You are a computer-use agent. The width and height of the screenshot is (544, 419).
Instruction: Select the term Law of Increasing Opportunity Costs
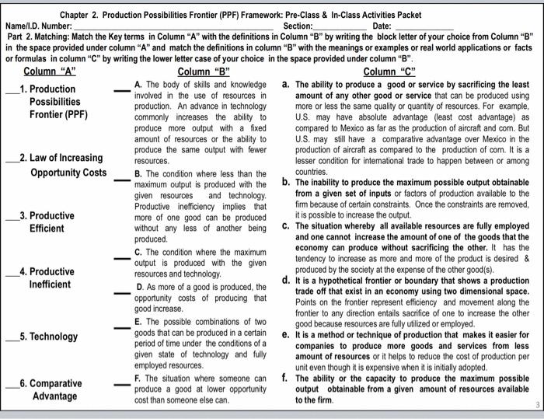[65, 165]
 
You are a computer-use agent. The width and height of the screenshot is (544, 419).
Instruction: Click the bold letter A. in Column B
[138, 84]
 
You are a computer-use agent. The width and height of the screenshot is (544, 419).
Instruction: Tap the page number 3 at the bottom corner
[535, 405]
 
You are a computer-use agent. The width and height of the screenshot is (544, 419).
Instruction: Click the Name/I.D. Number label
[37, 26]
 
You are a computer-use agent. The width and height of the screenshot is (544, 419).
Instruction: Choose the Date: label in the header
[382, 26]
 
